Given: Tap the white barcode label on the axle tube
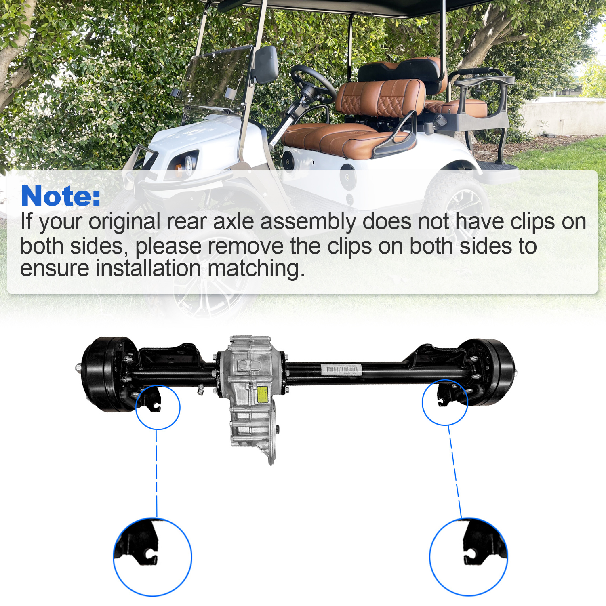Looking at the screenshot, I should point(341,369).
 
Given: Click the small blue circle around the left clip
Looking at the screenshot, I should point(158,407).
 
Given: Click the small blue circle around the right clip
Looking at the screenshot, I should point(445,402).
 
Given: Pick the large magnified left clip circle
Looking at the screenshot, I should point(152,557).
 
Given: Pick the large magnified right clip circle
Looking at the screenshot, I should point(469,557).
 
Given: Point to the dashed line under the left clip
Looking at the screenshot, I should point(156,473).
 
